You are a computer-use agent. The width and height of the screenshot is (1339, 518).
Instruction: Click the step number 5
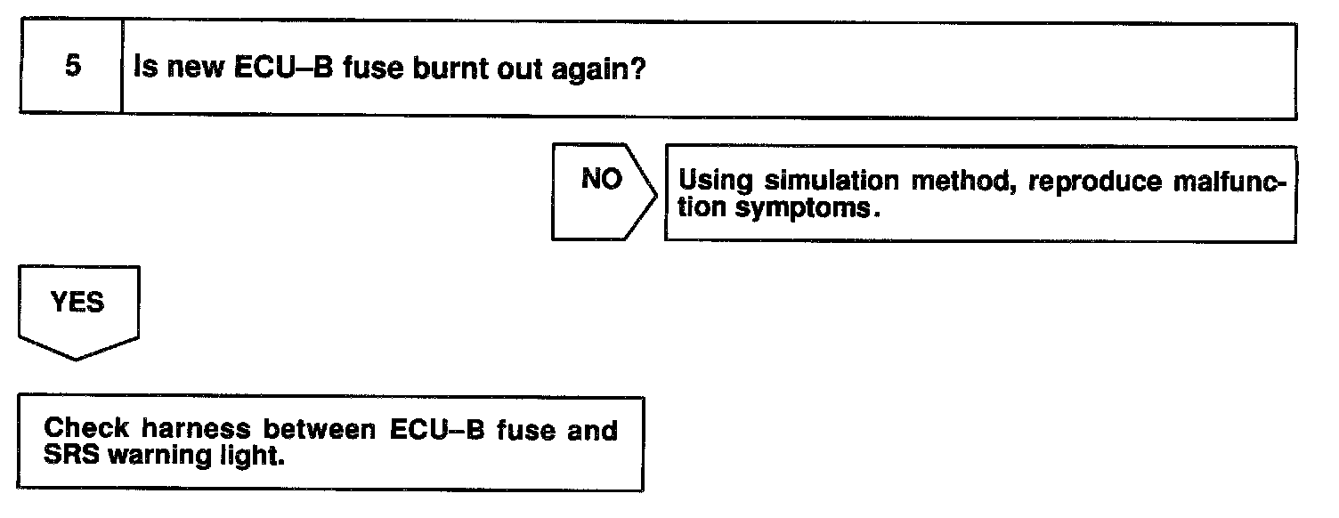(73, 68)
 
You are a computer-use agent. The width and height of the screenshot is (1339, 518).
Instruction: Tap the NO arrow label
(601, 179)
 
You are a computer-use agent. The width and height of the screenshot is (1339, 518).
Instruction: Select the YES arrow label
(77, 303)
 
